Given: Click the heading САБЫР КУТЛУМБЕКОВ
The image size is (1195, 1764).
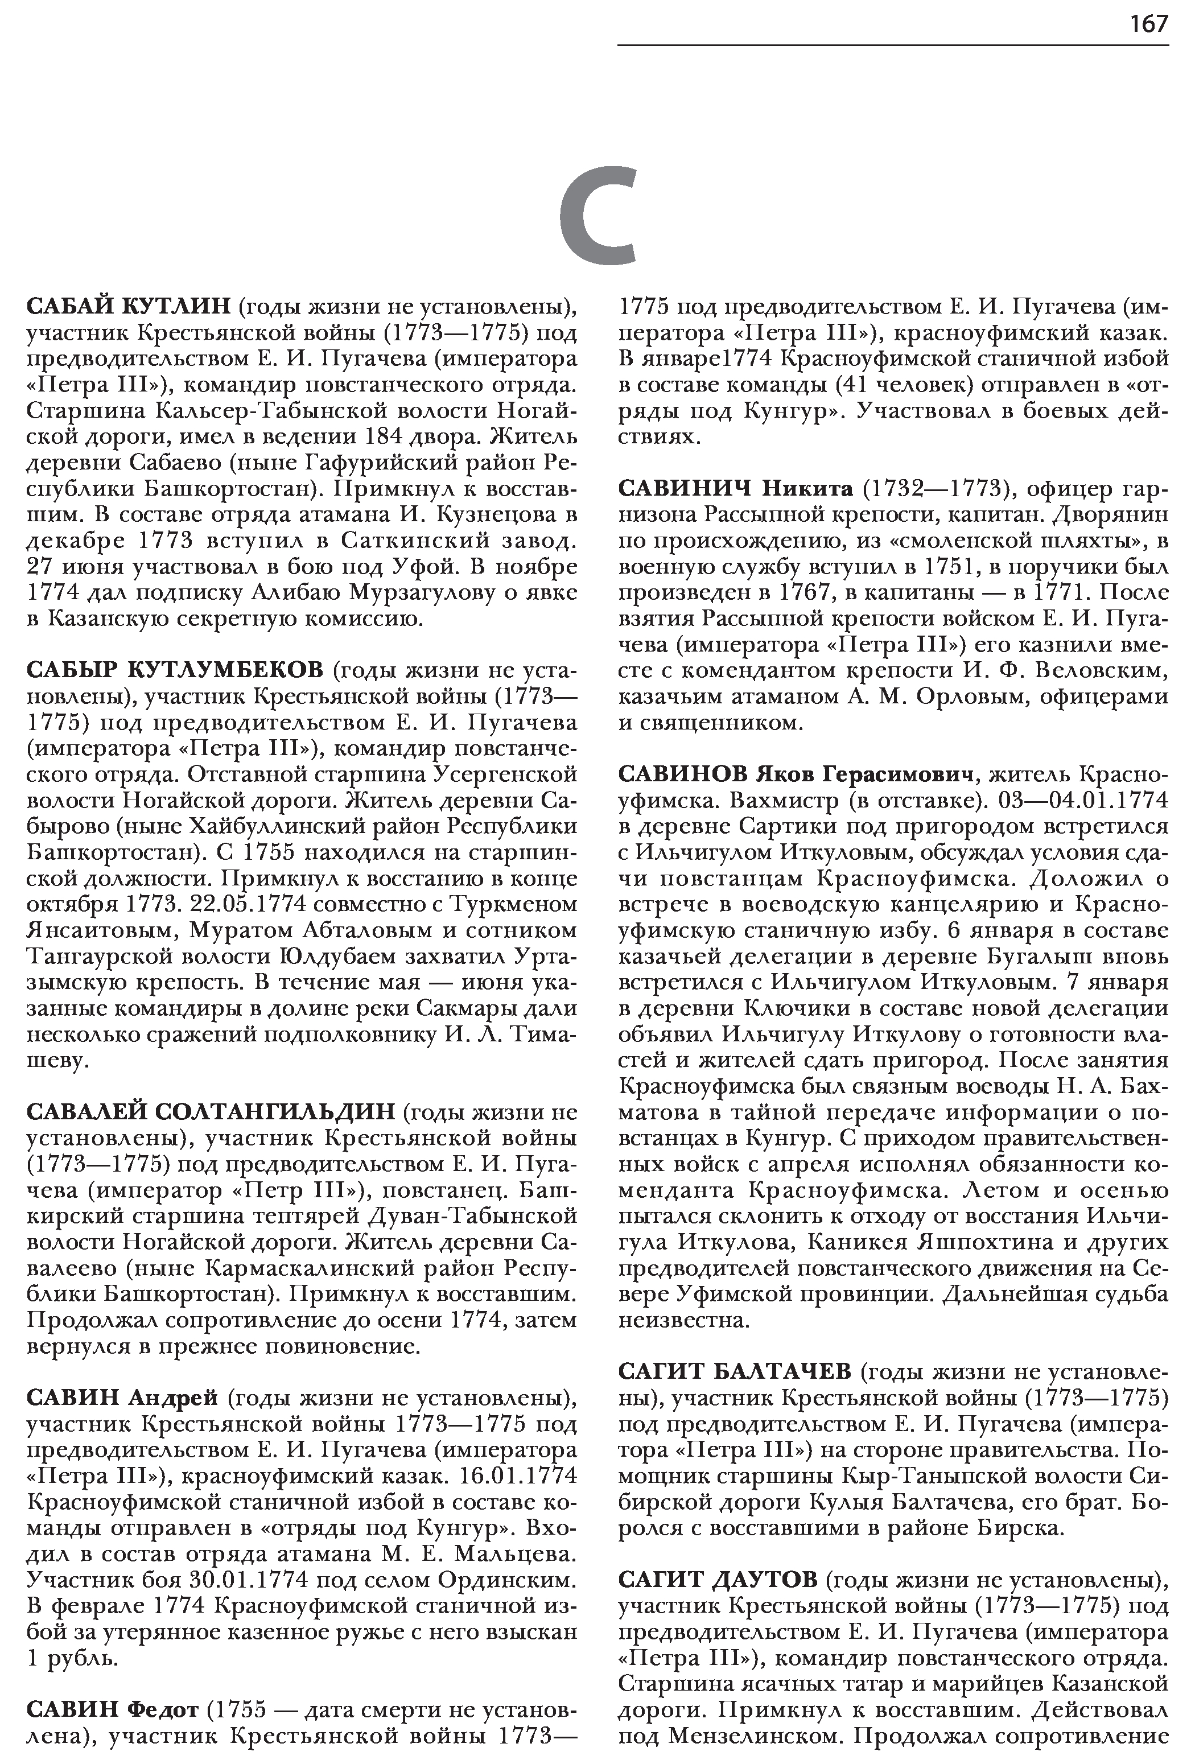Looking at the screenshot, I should point(175,670).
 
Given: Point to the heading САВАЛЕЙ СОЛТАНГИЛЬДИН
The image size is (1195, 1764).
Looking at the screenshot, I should point(211,1112).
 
